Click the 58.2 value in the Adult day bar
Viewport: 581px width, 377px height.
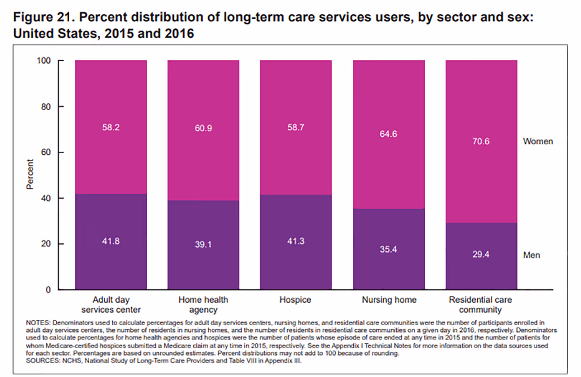tap(111, 127)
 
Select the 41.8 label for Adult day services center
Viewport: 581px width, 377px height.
tap(111, 241)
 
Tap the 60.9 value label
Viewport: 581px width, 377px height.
tap(203, 128)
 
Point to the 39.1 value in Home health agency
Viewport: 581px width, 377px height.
tap(203, 244)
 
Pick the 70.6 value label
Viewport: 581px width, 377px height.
tap(481, 141)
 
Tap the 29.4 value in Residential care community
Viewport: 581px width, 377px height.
tap(481, 254)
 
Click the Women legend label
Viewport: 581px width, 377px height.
tap(538, 141)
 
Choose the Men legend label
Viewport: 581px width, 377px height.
tap(531, 255)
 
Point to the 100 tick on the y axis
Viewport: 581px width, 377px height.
tap(44, 61)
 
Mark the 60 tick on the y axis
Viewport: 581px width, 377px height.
tap(46, 152)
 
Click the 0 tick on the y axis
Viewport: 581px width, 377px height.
tap(48, 290)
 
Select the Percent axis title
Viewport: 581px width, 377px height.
tap(30, 174)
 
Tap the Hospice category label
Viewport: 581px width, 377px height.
tap(295, 300)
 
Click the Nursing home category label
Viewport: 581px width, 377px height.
tap(389, 300)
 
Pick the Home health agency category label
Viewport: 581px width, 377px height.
tap(203, 305)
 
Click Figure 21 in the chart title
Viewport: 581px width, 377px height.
tap(43, 17)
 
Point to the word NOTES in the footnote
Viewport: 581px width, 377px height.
tap(38, 322)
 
